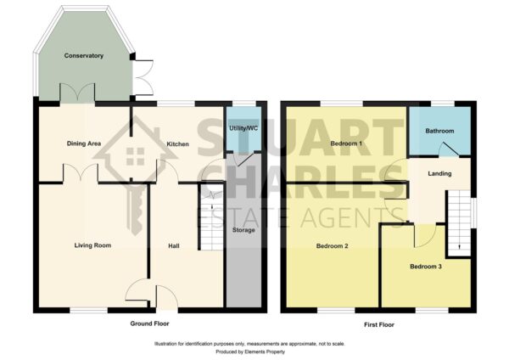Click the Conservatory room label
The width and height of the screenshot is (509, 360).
coord(84,55)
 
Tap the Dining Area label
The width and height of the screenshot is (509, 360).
coord(84,143)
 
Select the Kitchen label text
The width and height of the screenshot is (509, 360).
coord(177,144)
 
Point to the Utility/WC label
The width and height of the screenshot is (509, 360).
coord(243,128)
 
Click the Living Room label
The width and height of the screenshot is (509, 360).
coord(92,245)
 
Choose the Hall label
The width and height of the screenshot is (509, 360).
coord(174,246)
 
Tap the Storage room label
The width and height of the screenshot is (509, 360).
coord(243,230)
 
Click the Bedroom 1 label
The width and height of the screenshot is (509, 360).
coord(346,143)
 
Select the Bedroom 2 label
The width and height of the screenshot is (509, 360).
coord(332,246)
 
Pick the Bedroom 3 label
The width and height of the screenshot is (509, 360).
coord(426,267)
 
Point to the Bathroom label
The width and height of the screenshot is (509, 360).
coord(439,131)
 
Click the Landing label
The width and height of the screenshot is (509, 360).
coord(439,173)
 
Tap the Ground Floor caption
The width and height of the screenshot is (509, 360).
coord(149,323)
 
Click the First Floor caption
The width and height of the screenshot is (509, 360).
coord(379,324)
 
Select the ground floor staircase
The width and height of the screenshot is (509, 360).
coord(211,217)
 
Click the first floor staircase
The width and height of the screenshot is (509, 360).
coord(459,223)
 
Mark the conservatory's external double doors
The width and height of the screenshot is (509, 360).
coord(143,77)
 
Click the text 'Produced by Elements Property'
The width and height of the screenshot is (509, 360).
coord(250,352)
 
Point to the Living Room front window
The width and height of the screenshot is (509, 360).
coord(88,310)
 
